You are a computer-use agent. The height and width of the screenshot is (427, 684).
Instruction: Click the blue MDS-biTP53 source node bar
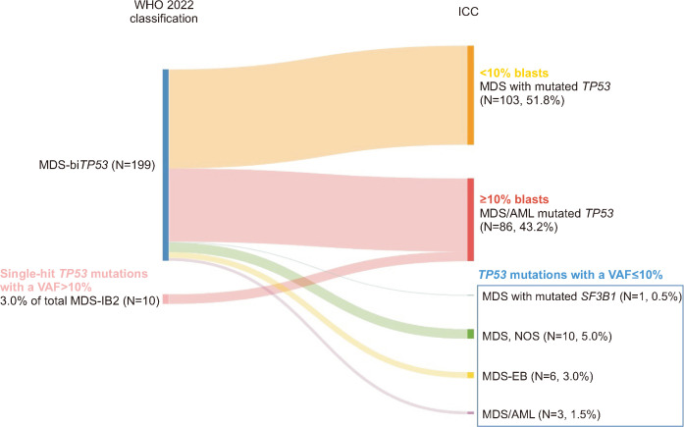166,164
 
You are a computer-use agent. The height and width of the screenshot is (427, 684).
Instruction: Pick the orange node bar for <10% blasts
470,95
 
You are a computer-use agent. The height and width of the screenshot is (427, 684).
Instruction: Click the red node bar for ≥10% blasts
470,219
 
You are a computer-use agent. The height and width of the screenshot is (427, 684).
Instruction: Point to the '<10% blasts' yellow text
513,73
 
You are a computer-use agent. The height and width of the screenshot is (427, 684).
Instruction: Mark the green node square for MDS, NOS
470,334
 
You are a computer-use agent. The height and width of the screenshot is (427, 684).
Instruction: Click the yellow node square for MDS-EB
470,375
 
